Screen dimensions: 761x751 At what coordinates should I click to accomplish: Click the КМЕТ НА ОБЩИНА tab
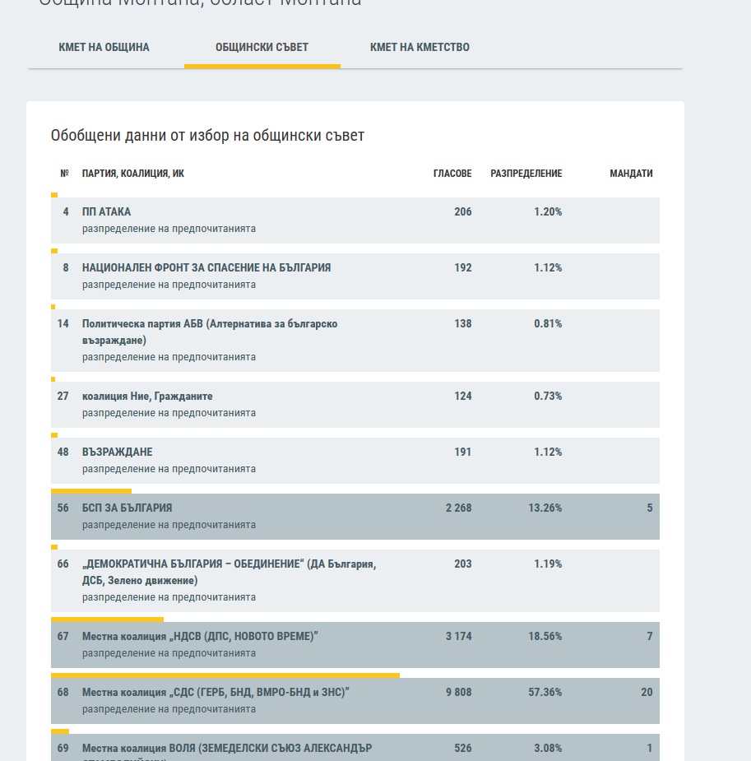(104, 47)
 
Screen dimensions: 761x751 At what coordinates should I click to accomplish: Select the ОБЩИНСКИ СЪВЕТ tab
(262, 47)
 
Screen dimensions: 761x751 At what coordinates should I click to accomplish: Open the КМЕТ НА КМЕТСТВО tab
(420, 47)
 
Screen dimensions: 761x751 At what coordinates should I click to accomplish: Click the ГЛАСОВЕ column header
(452, 174)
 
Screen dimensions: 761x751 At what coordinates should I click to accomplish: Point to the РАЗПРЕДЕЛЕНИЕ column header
(526, 174)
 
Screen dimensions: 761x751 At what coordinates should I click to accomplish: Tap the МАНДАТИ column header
(631, 174)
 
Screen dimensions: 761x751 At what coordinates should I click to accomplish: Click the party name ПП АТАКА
(106, 211)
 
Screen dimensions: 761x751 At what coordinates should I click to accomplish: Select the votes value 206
(462, 211)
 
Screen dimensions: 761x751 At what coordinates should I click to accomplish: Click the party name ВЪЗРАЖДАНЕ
(117, 452)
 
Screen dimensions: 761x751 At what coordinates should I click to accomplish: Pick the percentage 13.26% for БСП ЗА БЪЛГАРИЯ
(545, 508)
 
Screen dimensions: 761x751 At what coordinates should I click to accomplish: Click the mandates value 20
(647, 692)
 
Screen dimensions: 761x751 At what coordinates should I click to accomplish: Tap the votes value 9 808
(458, 692)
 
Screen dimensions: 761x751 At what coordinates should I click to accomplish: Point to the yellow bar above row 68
(225, 675)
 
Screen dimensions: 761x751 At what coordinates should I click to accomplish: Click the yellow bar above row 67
(107, 619)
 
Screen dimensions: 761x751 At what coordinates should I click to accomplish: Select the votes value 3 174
(458, 636)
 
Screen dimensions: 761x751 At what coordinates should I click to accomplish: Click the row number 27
(63, 396)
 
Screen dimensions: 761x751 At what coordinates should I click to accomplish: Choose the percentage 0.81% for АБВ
(548, 323)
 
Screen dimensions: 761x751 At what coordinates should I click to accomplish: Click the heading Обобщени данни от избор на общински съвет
(207, 136)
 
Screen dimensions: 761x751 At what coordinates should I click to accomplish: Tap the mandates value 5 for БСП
(649, 508)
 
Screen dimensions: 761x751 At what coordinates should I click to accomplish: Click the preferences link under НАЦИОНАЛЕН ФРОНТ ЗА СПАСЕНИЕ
(169, 285)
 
